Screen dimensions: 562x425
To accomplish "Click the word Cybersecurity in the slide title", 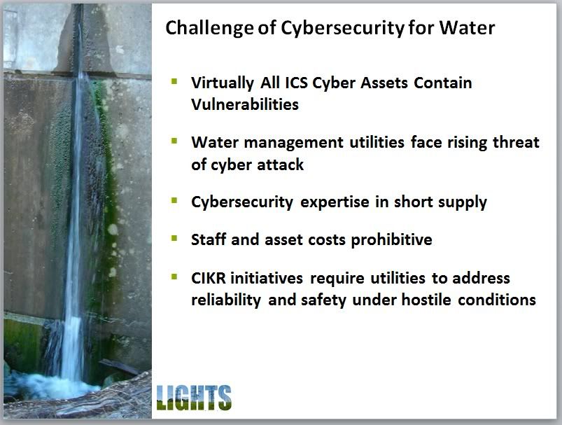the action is point(342,28).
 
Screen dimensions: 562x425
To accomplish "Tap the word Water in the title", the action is point(467,27).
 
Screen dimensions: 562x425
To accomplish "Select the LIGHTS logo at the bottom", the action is point(194,398).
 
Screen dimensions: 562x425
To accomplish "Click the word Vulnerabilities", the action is point(245,104).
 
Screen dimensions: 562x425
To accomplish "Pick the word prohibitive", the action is point(391,240).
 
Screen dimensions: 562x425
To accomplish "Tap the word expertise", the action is point(335,202).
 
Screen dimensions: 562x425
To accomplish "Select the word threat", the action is point(516,142).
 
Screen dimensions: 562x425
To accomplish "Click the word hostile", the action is point(426,300).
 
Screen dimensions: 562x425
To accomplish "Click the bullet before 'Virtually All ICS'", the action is point(174,81).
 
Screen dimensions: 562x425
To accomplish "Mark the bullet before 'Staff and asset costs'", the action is point(174,238).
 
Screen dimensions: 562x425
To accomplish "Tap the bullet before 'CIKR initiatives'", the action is point(174,277).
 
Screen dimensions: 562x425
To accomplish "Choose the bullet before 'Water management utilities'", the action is point(174,141).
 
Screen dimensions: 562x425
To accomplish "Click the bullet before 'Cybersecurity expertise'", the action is point(174,200).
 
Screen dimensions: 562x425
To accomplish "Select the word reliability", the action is point(226,300).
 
